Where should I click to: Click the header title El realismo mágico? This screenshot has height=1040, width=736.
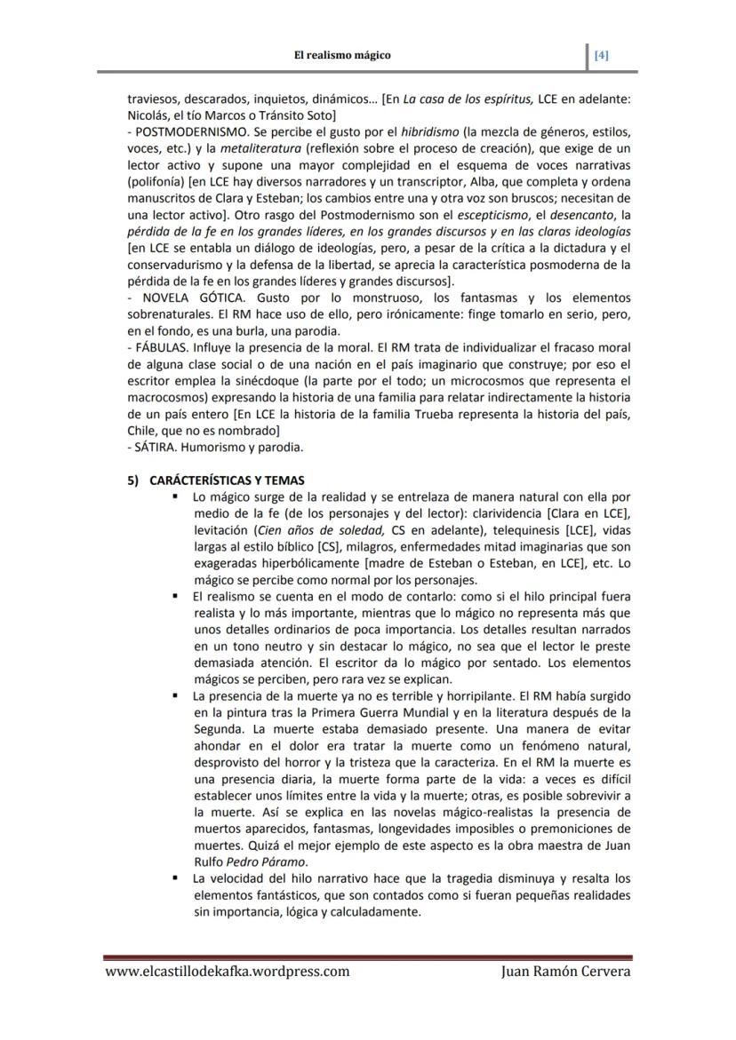(342, 55)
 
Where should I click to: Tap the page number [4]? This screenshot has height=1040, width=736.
(602, 55)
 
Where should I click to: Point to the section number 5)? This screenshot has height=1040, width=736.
(132, 480)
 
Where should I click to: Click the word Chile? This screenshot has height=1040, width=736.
(143, 429)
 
